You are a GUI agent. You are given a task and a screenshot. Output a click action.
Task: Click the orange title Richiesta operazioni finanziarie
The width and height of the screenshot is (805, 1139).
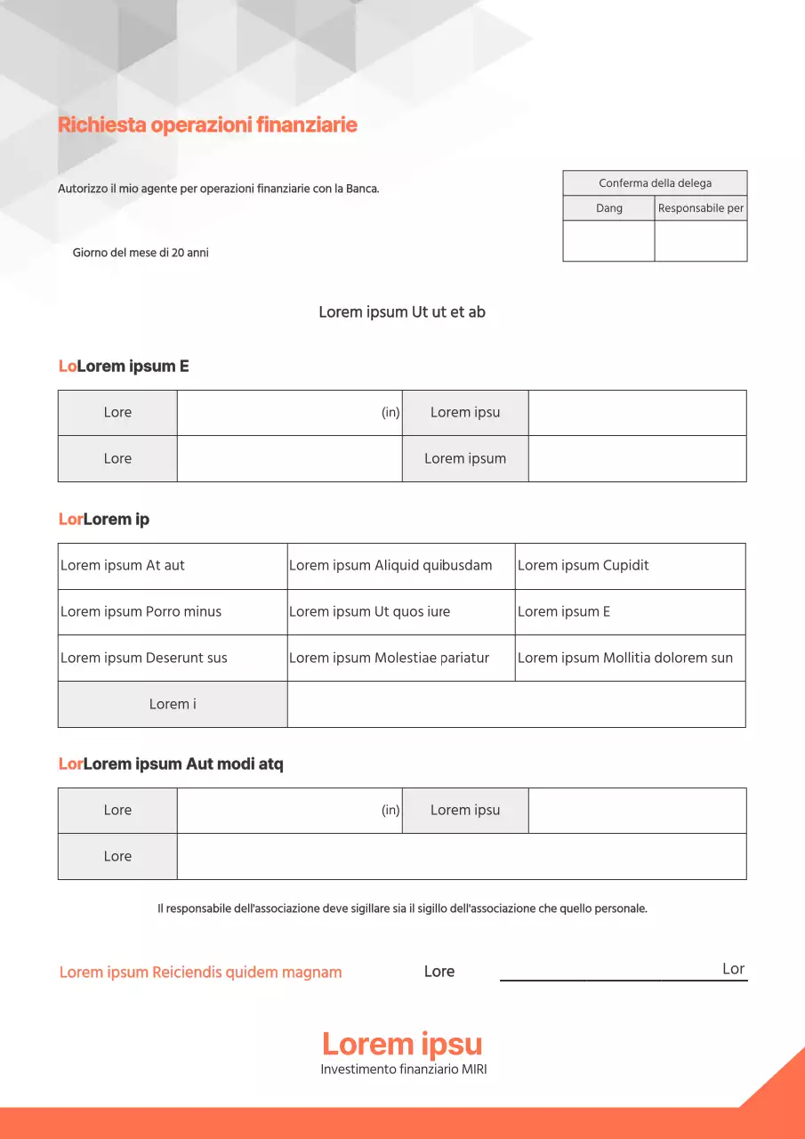[x=207, y=125]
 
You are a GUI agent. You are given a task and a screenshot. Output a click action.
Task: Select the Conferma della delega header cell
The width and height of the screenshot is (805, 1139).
[x=655, y=183]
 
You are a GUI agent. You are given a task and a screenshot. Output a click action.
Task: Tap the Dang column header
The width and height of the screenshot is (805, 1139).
[x=609, y=208]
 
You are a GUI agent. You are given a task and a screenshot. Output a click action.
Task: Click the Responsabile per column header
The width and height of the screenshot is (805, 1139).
[x=701, y=208]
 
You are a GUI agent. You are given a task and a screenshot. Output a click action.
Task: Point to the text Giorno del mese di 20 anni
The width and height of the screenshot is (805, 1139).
[x=141, y=253]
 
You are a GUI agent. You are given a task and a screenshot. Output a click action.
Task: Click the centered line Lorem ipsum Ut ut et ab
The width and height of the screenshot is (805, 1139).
[x=402, y=312]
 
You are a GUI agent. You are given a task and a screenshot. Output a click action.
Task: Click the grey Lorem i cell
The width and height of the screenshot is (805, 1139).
[x=173, y=705]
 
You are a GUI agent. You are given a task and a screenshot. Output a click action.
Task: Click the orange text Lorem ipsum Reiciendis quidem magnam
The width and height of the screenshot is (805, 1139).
[x=200, y=973]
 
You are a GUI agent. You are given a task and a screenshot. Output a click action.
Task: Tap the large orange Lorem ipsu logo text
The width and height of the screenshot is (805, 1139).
[x=402, y=1044]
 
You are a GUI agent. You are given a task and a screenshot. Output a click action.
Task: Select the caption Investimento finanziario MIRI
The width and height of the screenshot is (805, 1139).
[x=404, y=1070]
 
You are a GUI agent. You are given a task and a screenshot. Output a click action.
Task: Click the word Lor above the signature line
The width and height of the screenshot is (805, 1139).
[x=733, y=969]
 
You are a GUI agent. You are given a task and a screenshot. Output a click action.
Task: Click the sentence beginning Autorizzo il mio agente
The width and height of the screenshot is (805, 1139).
[x=219, y=189]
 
